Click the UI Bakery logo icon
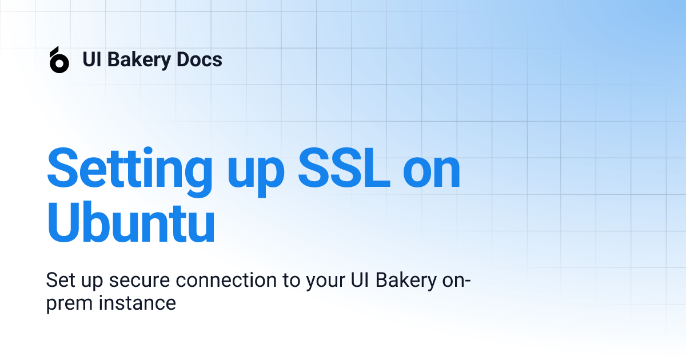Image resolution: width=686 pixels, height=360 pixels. pyautogui.click(x=59, y=60)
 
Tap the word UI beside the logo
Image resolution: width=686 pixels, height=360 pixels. pyautogui.click(x=91, y=59)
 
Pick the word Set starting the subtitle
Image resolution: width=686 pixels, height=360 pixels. pyautogui.click(x=59, y=281)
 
